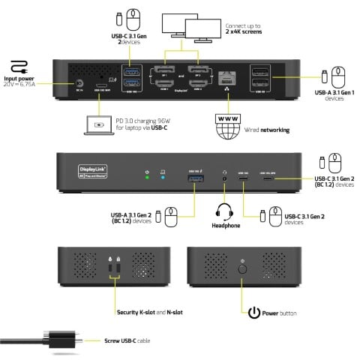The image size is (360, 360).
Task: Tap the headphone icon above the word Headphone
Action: pos(222,211)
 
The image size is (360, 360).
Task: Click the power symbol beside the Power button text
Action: pos(254,313)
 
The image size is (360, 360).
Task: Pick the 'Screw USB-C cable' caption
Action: pos(126,341)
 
